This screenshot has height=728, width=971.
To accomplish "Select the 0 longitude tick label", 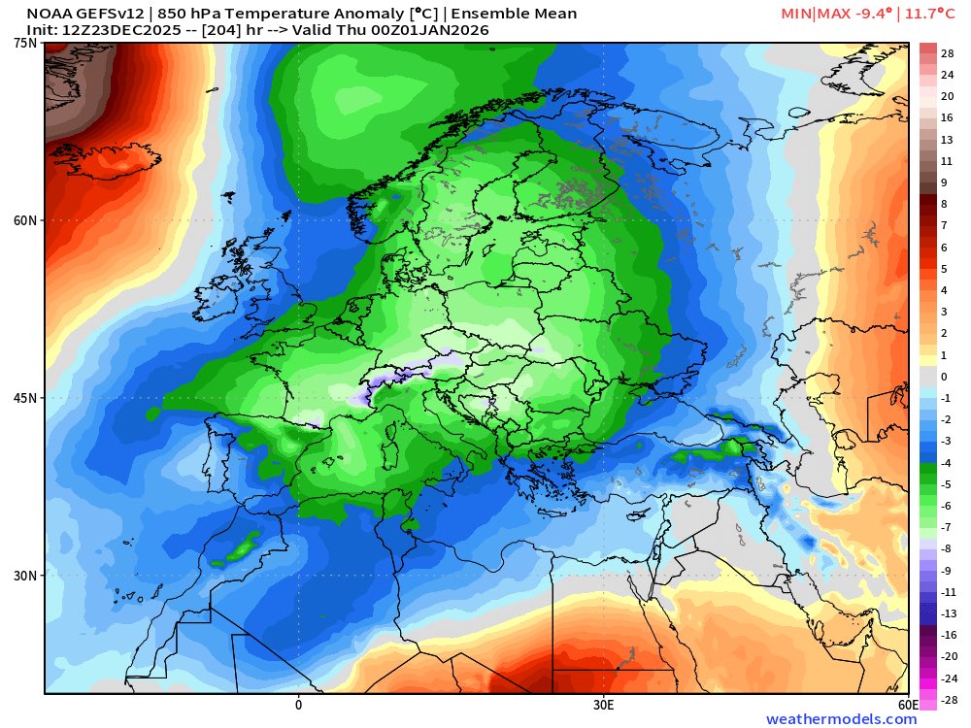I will click(x=298, y=704).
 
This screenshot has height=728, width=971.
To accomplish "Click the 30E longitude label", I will click(x=602, y=704).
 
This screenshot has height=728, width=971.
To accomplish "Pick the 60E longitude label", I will click(x=909, y=704).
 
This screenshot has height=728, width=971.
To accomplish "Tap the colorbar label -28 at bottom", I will click(x=949, y=700).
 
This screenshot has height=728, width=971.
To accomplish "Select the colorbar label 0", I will click(x=944, y=376).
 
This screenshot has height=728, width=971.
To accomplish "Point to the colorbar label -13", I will click(x=949, y=613).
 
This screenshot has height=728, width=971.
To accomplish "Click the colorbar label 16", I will click(x=948, y=116).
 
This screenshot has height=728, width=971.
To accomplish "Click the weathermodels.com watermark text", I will click(x=841, y=719).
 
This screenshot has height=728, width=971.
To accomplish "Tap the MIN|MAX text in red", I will click(x=815, y=14).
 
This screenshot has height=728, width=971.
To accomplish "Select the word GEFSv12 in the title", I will click(x=107, y=14).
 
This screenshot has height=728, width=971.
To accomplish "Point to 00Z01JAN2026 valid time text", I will click(x=427, y=30).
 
